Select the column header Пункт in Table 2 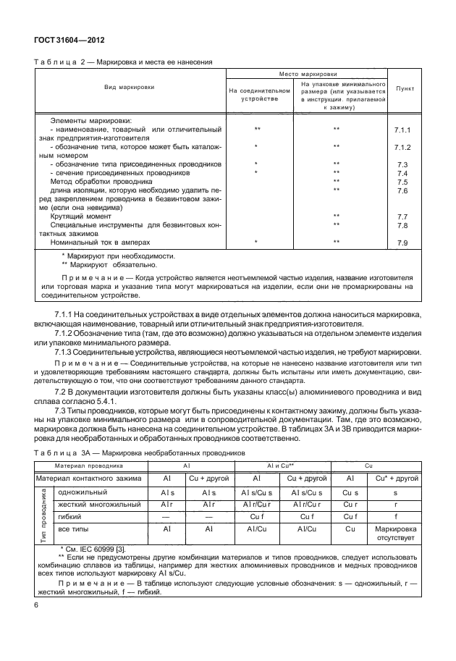tap(404, 91)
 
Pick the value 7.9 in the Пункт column tap(403, 243)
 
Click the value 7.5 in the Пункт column tap(403, 182)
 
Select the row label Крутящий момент tap(80, 216)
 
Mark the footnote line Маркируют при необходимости tap(117, 256)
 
